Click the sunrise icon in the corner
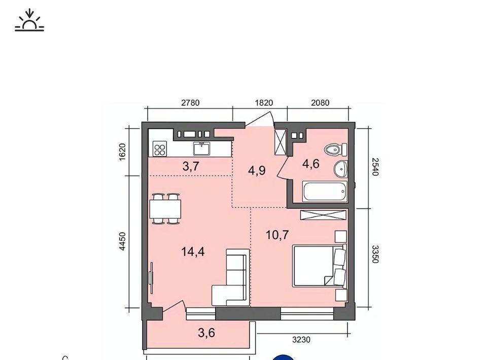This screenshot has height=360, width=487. (29, 20)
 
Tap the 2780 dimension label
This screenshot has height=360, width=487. (190, 103)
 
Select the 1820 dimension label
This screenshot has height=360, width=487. (264, 103)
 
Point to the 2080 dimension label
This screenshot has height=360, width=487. (320, 103)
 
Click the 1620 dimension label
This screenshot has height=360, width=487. (122, 152)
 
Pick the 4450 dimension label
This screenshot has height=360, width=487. (122, 241)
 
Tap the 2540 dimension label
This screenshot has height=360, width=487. (375, 167)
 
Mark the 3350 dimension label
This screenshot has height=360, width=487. (375, 254)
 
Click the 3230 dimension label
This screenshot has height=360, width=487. (301, 340)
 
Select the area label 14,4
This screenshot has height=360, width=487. (193, 251)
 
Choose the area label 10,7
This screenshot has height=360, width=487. (277, 235)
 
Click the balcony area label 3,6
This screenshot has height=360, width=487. (206, 333)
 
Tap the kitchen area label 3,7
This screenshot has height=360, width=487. (191, 167)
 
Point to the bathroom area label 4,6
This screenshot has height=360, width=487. (311, 164)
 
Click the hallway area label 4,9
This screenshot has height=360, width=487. (257, 170)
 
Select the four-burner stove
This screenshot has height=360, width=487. (160, 149)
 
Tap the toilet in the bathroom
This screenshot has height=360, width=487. (336, 150)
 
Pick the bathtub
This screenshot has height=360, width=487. (325, 192)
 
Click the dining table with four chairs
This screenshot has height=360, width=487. (165, 208)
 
